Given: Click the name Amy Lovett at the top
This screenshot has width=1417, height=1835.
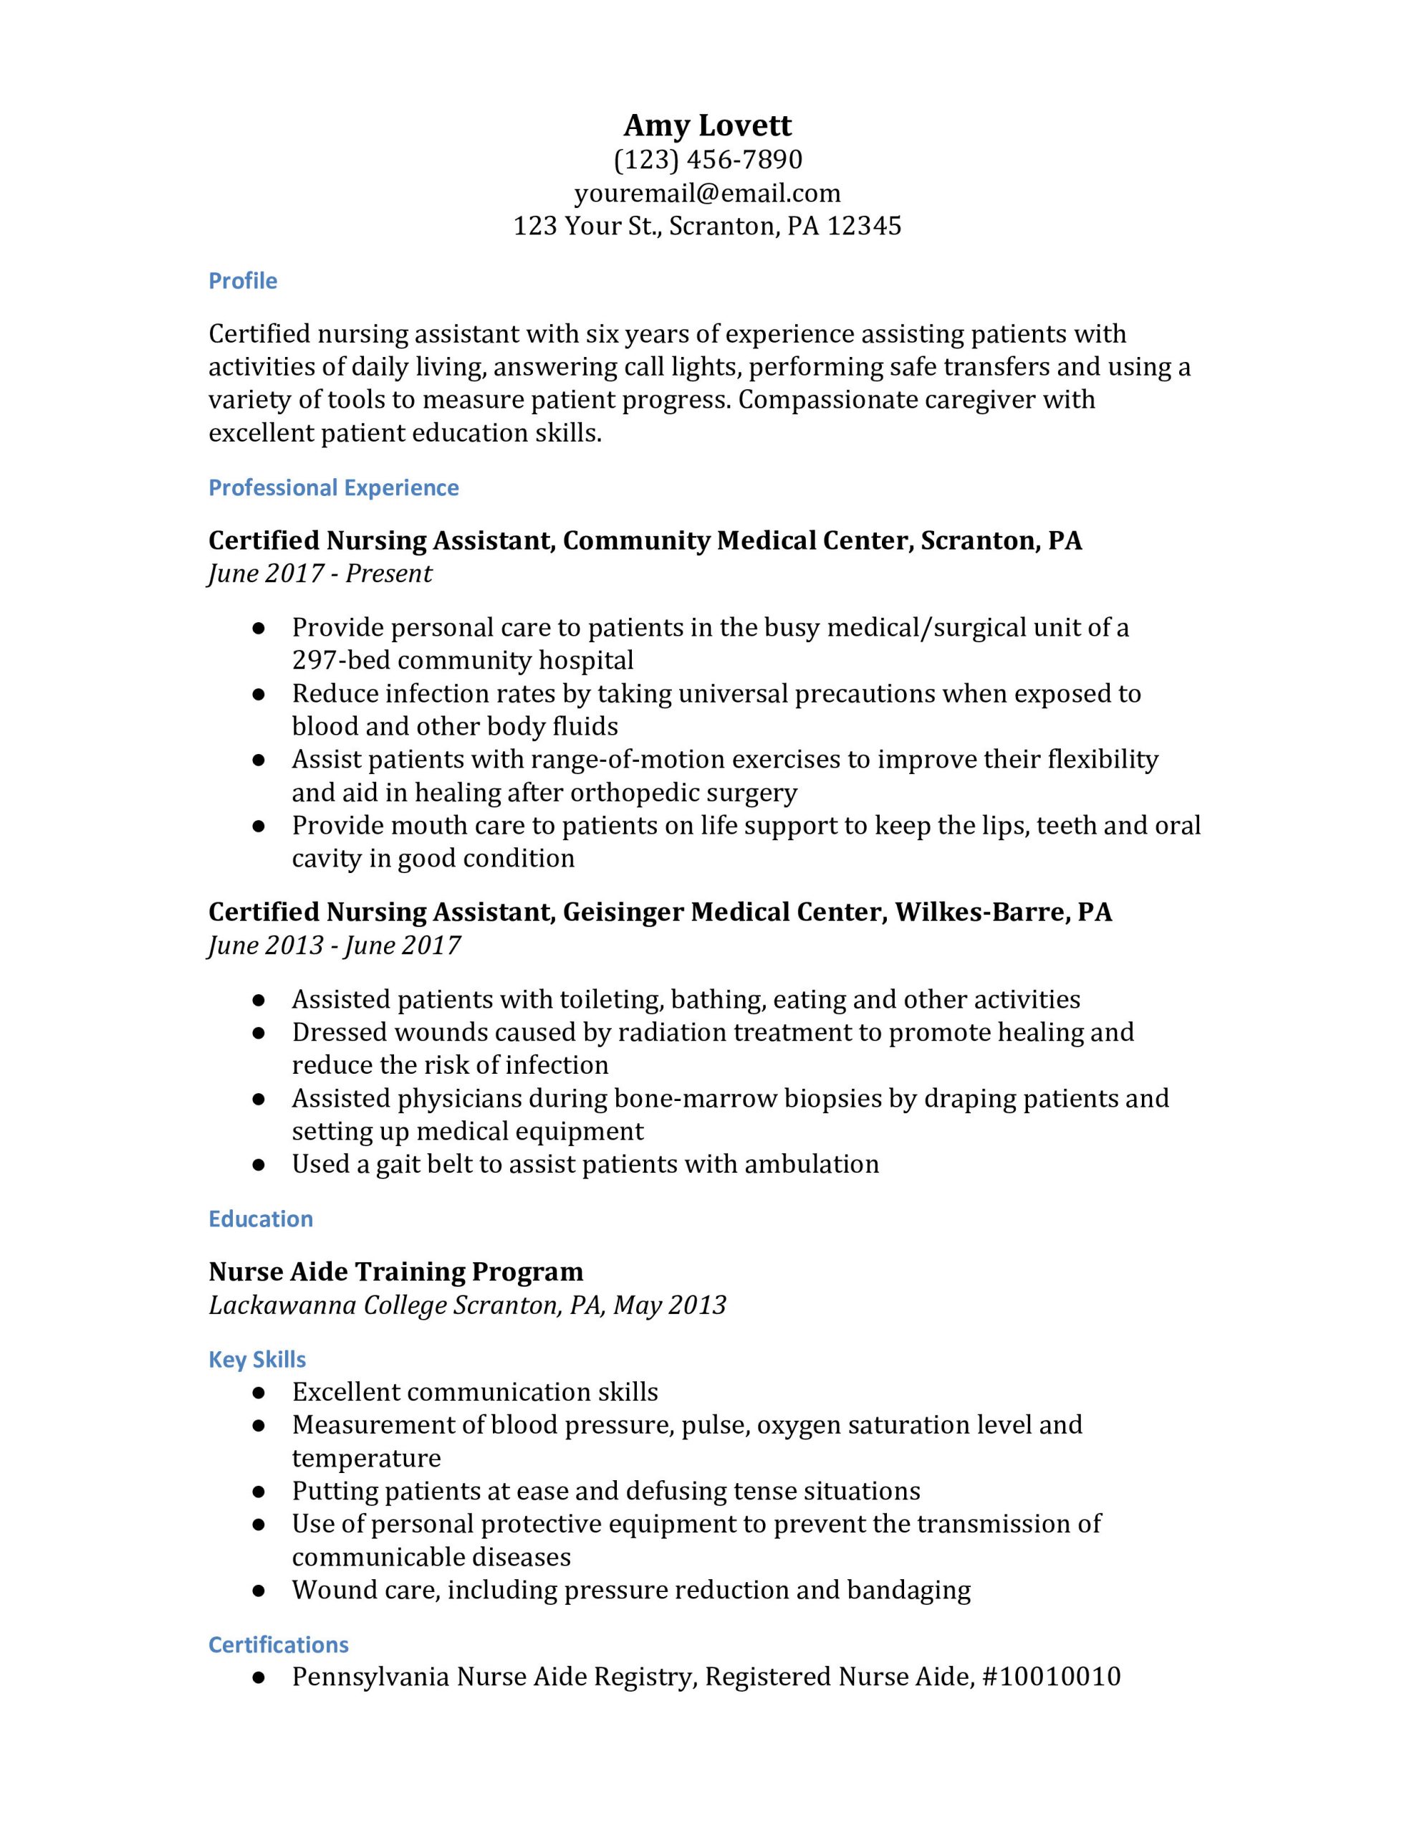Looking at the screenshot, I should [707, 125].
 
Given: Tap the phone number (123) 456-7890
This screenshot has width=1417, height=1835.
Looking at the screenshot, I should [707, 160].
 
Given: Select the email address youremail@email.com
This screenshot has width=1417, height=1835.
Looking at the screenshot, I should [707, 194].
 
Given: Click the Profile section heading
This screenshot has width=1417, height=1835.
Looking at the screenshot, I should [243, 281].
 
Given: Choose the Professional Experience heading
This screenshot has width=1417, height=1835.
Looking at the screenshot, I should [333, 488].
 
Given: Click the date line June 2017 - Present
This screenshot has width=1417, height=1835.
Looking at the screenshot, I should [320, 574].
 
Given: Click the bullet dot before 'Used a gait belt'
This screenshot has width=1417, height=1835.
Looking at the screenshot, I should [259, 1166].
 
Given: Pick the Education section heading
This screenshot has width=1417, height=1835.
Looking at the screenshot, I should [260, 1219].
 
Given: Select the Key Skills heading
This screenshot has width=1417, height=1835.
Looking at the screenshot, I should [257, 1360].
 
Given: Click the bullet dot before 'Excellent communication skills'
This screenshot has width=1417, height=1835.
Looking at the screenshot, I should [259, 1393].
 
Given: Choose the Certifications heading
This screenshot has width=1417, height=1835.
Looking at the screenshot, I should [278, 1644].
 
